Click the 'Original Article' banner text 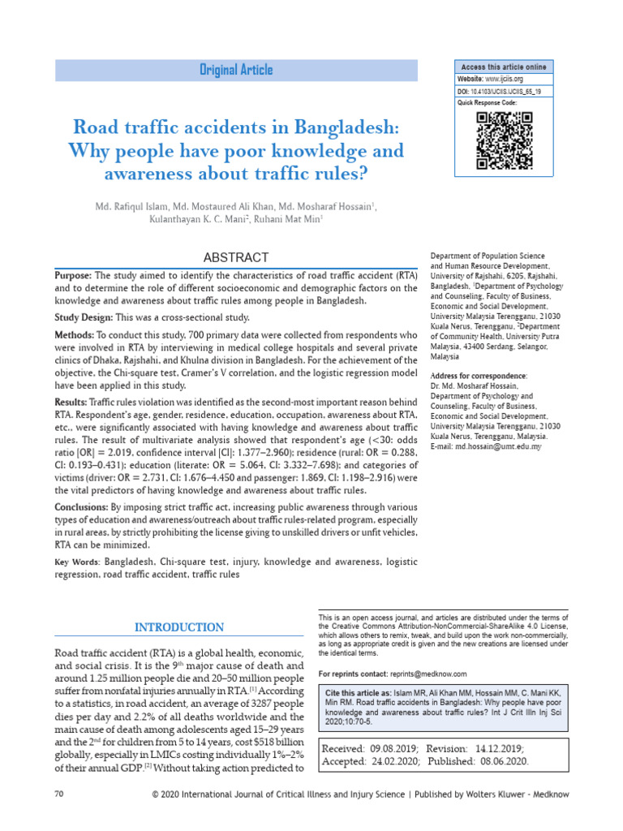coord(236,71)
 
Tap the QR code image coord(504,140)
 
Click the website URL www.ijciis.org coord(504,80)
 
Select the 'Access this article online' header coord(504,67)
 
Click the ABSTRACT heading coord(236,257)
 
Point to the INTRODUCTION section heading coord(179,627)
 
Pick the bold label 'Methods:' coord(75,335)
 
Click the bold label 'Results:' coord(72,401)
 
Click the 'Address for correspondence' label coord(478,376)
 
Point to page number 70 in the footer coord(58,815)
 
